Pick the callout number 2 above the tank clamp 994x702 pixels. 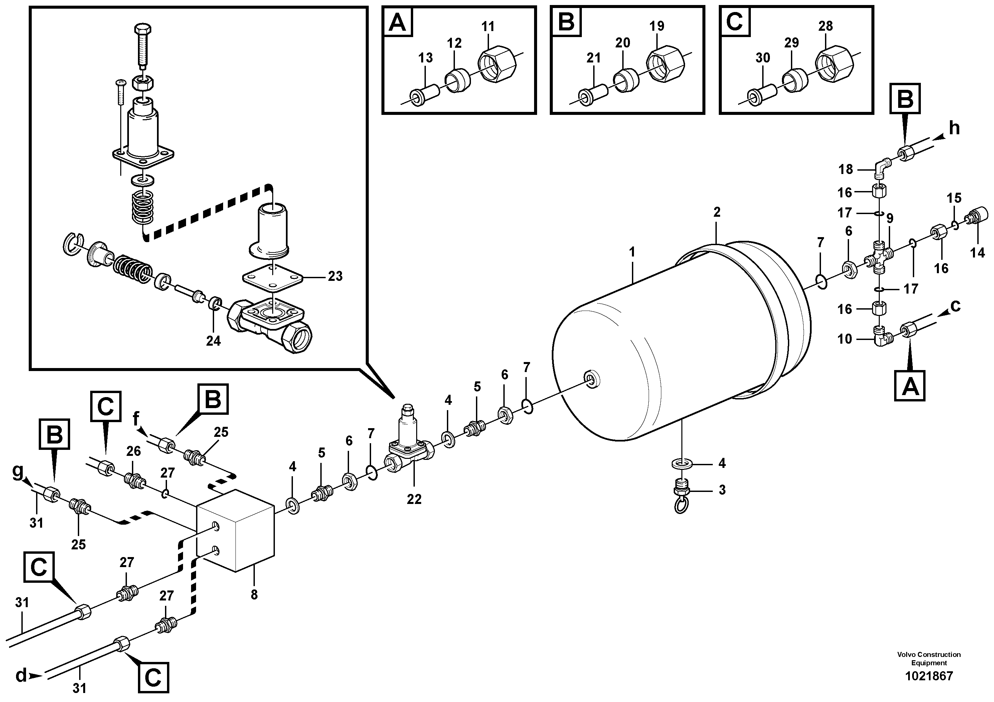[716, 212]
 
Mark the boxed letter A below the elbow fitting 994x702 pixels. [909, 386]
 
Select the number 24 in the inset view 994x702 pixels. [213, 341]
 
